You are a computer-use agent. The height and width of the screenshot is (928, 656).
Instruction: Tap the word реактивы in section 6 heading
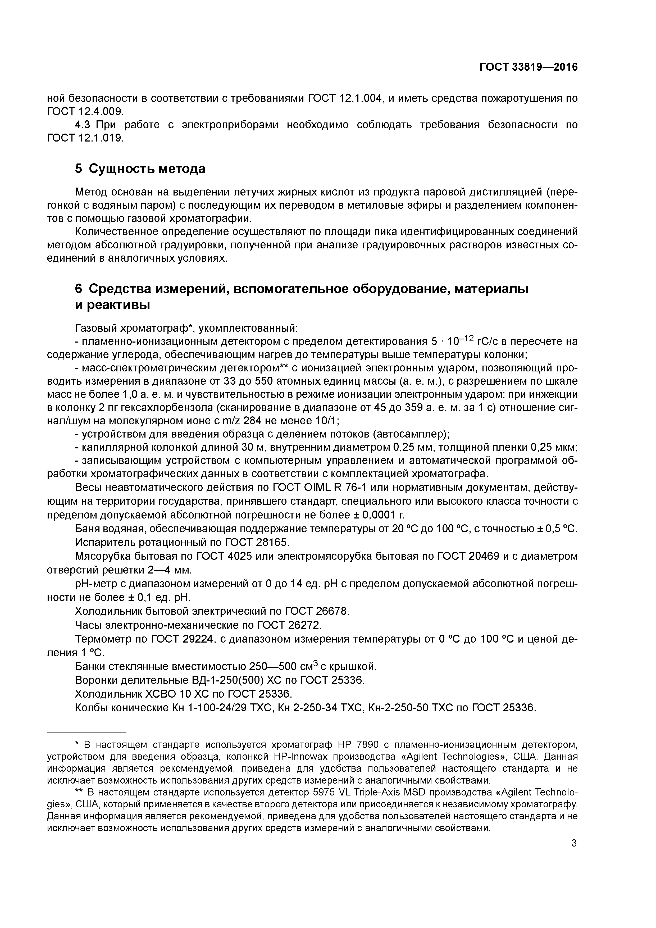(113, 305)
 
